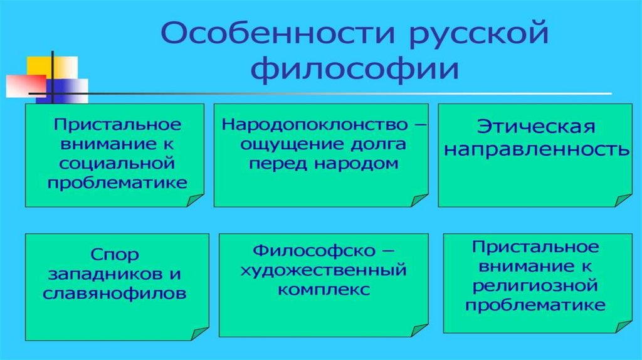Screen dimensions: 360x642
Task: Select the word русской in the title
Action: pos(470,36)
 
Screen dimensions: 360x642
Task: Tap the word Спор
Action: pos(117,256)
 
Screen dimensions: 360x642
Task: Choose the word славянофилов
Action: pos(117,294)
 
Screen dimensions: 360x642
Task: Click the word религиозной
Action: pos(535,285)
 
